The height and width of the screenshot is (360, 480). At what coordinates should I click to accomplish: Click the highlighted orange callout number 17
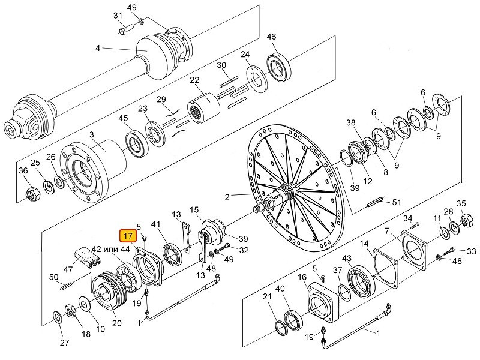coord(128,236)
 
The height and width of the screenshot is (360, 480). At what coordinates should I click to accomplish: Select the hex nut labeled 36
coord(31,193)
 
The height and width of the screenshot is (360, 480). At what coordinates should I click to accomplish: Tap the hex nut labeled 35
coord(467,220)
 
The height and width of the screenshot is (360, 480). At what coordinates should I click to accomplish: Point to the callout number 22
coord(194,80)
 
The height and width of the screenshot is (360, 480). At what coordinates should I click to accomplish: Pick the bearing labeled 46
coord(279,68)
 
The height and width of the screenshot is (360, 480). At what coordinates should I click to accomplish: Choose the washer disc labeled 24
coord(257,79)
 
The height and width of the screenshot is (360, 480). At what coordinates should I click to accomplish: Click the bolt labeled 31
coord(125,29)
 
